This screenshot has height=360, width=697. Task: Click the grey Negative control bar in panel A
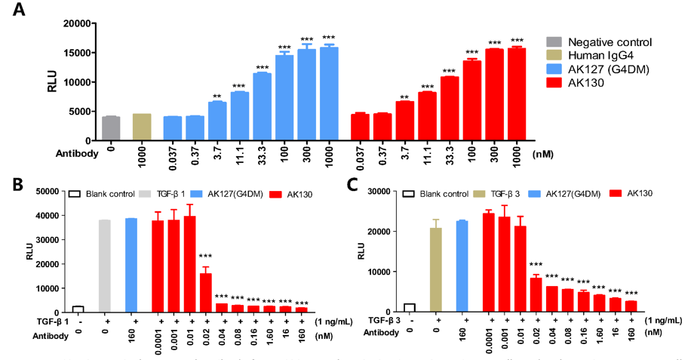111,129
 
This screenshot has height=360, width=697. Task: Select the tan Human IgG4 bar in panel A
142,128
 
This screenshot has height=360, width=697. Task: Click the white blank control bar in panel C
409,308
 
